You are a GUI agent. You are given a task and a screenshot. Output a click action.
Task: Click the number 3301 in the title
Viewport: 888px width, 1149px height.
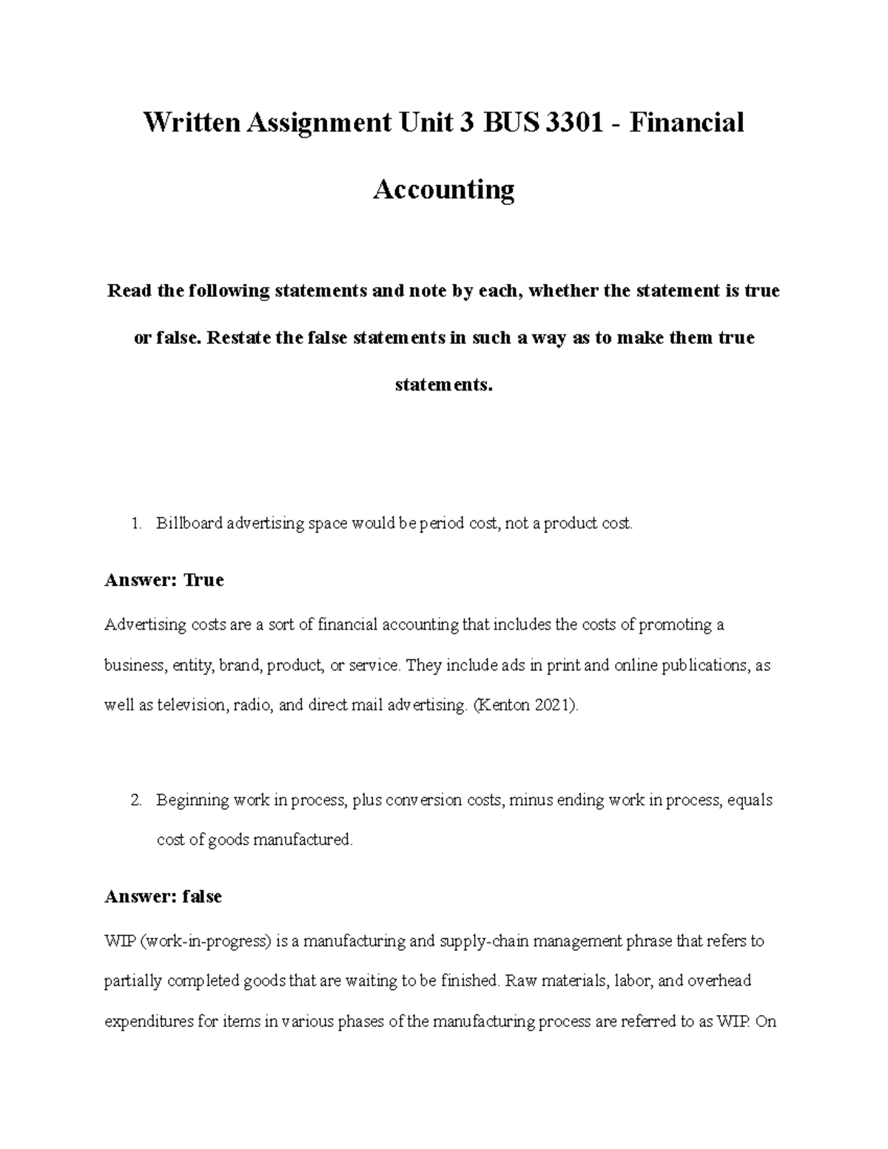tap(573, 122)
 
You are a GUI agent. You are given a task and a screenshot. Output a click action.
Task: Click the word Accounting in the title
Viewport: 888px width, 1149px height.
tap(443, 190)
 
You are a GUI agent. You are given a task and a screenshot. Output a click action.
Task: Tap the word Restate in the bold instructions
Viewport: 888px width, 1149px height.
tap(238, 338)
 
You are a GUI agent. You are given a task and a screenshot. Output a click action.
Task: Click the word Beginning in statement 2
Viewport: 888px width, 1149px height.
tap(192, 801)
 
